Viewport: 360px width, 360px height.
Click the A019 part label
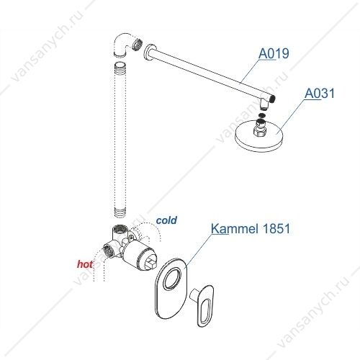tap(274, 53)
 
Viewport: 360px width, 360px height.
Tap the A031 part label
tap(320, 93)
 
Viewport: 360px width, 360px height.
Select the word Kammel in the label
tap(235, 228)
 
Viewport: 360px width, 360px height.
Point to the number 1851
tap(276, 228)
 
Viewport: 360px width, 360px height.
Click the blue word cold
tap(166, 220)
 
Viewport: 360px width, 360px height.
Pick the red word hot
tap(85, 264)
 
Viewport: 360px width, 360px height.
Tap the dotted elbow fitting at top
tap(123, 45)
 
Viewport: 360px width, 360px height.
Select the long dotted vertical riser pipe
tap(120, 140)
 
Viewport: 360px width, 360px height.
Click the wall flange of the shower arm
tap(148, 53)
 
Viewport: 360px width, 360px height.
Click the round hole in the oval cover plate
tap(172, 279)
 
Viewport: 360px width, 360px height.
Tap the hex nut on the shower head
tap(260, 131)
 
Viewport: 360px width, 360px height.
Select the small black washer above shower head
tap(263, 115)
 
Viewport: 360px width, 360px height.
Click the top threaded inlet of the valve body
tap(120, 229)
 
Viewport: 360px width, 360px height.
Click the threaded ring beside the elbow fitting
tap(138, 45)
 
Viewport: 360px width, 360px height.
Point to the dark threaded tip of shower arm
tap(273, 99)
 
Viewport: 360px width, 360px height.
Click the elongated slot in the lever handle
tap(206, 310)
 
